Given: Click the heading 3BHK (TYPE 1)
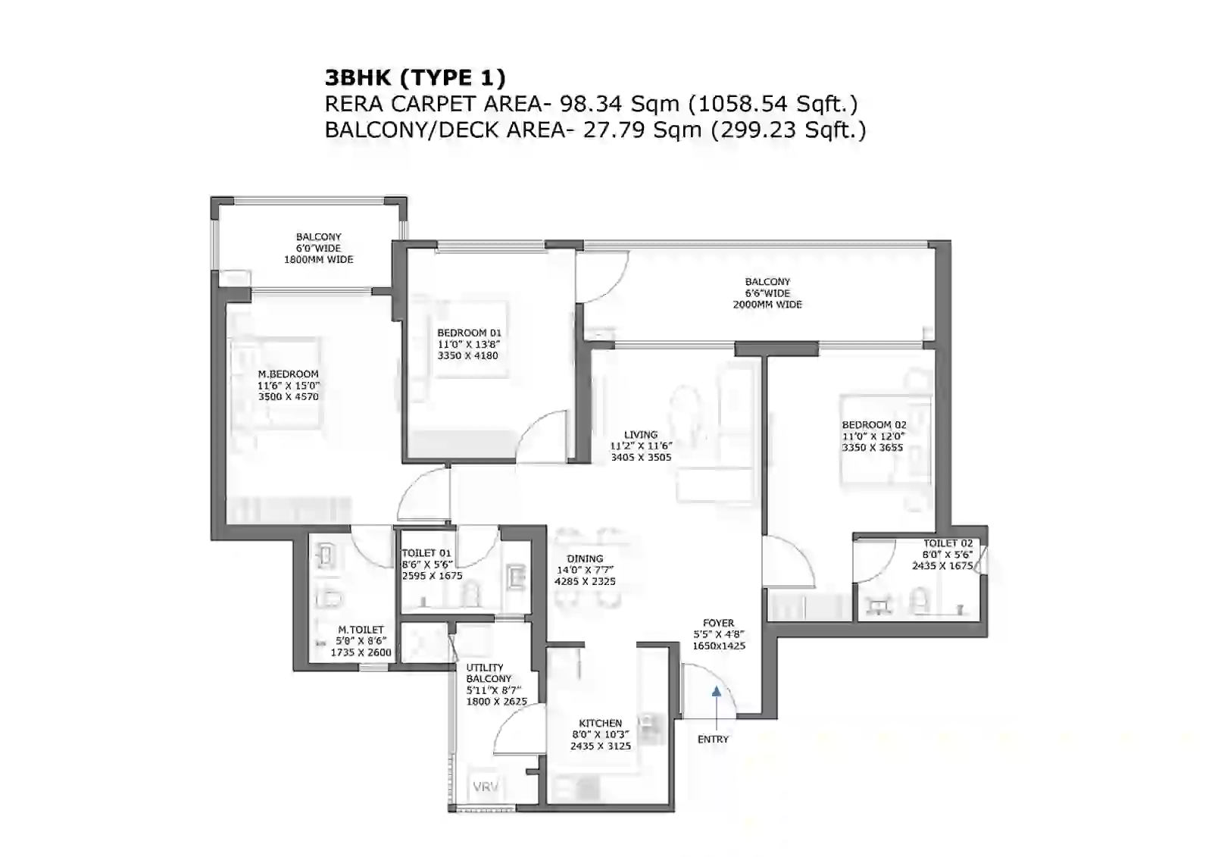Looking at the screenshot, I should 414,77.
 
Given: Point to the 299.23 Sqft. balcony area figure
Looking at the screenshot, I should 788,130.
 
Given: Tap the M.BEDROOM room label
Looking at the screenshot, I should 288,374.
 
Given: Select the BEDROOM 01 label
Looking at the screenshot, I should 469,333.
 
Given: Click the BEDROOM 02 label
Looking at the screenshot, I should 873,425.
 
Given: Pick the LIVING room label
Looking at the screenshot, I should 641,435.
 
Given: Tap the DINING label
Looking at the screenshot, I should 585,558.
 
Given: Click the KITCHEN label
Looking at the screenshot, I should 600,724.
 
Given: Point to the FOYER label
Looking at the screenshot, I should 718,623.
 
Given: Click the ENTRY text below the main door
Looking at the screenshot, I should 713,739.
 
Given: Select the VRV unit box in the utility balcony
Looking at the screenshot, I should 486,787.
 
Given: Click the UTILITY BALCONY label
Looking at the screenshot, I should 489,673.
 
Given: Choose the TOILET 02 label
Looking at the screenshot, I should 948,543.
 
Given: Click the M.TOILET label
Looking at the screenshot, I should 361,630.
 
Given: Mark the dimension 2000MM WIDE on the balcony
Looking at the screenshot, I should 767,305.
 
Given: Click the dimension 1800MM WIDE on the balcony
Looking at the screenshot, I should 318,259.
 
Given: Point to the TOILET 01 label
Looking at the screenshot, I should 426,553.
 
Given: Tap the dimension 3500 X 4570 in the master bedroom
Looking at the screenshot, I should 288,396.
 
